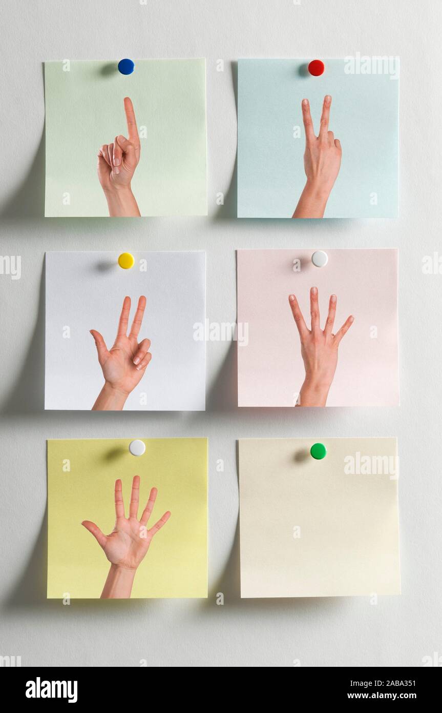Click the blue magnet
(x=126, y=67)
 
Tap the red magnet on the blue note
(x=316, y=68)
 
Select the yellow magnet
(x=126, y=261)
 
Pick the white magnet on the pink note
(x=320, y=259)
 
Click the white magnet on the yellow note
(x=137, y=447)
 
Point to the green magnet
(x=318, y=451)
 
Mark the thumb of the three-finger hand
(x=99, y=342)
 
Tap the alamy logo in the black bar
(x=51, y=689)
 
